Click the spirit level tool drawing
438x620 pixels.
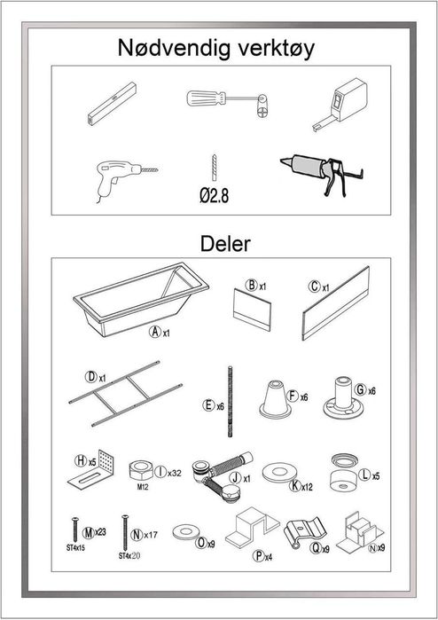[x=112, y=104]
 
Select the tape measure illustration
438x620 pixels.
[x=340, y=105]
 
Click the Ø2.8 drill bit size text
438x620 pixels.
[x=214, y=195]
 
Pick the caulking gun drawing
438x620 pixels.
[x=322, y=174]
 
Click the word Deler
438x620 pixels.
[x=225, y=244]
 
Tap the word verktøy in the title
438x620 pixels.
[x=275, y=49]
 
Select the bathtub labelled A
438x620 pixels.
[x=141, y=298]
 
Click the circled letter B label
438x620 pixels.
[x=252, y=285]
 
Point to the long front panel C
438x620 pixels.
[x=336, y=302]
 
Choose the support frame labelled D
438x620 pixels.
[x=125, y=393]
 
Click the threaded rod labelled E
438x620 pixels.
[x=230, y=401]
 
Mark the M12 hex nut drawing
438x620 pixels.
[x=141, y=470]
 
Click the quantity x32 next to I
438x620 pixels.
[x=175, y=473]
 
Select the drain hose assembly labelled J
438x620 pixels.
[x=223, y=475]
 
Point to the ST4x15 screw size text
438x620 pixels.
[x=75, y=548]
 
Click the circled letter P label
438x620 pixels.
[x=259, y=556]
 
